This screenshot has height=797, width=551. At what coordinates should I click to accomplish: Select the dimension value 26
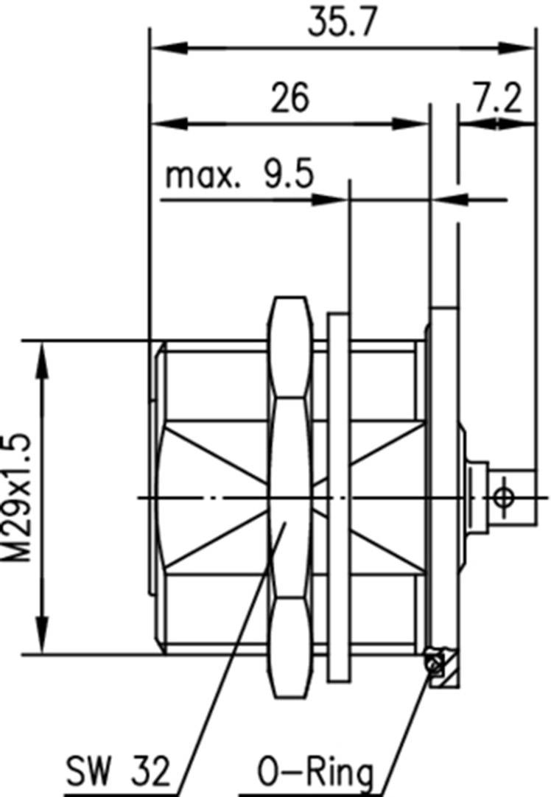coord(289,98)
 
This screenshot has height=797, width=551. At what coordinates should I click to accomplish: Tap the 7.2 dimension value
coord(496,98)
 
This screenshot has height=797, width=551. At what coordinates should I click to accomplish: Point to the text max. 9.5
coord(239,176)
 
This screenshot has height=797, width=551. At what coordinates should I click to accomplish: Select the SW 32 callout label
coord(119,773)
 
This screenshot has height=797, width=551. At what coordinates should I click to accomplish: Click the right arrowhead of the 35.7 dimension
coord(516,49)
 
